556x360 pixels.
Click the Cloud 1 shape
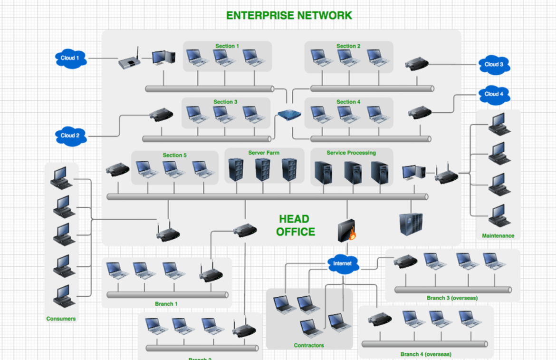pyautogui.click(x=67, y=58)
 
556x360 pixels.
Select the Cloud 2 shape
pyautogui.click(x=70, y=136)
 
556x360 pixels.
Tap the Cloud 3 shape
pyautogui.click(x=494, y=65)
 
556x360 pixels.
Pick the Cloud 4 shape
pyautogui.click(x=494, y=94)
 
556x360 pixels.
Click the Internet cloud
pyautogui.click(x=342, y=263)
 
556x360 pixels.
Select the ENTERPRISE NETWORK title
pyautogui.click(x=289, y=15)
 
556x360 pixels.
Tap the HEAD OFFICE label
pyautogui.click(x=296, y=225)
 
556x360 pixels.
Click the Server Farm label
pyautogui.click(x=264, y=153)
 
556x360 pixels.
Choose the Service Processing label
pyautogui.click(x=351, y=153)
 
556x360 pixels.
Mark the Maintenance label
pyautogui.click(x=498, y=235)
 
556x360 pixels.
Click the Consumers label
pyautogui.click(x=61, y=319)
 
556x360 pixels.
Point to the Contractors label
pyautogui.click(x=309, y=345)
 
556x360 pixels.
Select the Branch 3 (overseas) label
pyautogui.click(x=452, y=298)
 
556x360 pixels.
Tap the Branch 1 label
pyautogui.click(x=166, y=304)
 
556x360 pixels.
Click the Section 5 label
pyautogui.click(x=175, y=155)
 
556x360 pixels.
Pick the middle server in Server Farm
pyautogui.click(x=262, y=170)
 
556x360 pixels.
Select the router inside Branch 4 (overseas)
pyautogui.click(x=380, y=319)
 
